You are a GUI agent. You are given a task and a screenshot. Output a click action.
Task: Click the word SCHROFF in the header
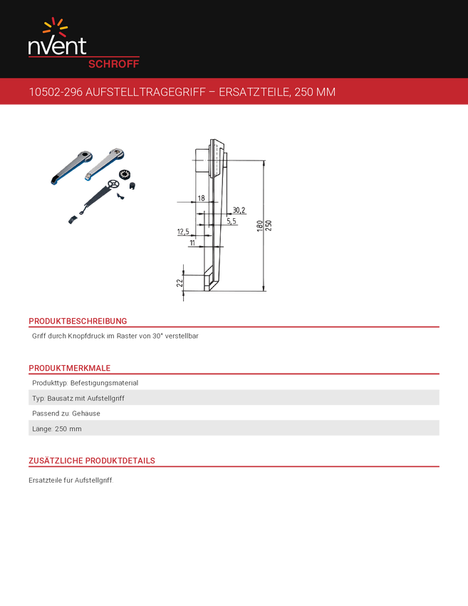pyautogui.click(x=113, y=64)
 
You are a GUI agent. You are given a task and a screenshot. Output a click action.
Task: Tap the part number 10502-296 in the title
pyautogui.click(x=56, y=92)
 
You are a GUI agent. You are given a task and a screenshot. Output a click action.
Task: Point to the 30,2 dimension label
pyautogui.click(x=239, y=210)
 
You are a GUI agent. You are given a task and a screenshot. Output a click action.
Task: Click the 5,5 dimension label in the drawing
pyautogui.click(x=232, y=221)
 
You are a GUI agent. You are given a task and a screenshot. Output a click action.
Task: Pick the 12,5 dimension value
pyautogui.click(x=183, y=232)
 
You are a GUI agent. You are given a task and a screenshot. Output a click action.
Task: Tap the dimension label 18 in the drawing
pyautogui.click(x=201, y=198)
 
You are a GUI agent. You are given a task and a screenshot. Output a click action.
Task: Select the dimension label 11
pyautogui.click(x=192, y=242)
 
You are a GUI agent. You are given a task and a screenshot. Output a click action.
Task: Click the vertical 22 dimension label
pyautogui.click(x=180, y=283)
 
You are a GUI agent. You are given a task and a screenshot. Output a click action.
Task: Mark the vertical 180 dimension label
pyautogui.click(x=260, y=226)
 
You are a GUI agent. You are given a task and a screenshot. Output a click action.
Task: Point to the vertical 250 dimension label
pyautogui.click(x=269, y=226)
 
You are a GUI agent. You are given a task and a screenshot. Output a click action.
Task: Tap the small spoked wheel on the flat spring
pyautogui.click(x=113, y=185)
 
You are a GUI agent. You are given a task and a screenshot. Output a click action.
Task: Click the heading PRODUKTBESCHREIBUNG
pyautogui.click(x=78, y=321)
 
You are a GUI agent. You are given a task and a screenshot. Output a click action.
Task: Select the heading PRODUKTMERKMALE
pyautogui.click(x=70, y=368)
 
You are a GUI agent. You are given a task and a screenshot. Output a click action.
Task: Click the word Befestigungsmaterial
pyautogui.click(x=104, y=383)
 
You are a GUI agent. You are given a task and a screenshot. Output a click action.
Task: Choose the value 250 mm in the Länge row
pyautogui.click(x=68, y=428)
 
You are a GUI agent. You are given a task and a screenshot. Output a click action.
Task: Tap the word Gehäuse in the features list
pyautogui.click(x=86, y=413)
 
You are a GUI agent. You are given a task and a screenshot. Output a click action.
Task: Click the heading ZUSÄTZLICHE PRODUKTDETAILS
pyautogui.click(x=92, y=461)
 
